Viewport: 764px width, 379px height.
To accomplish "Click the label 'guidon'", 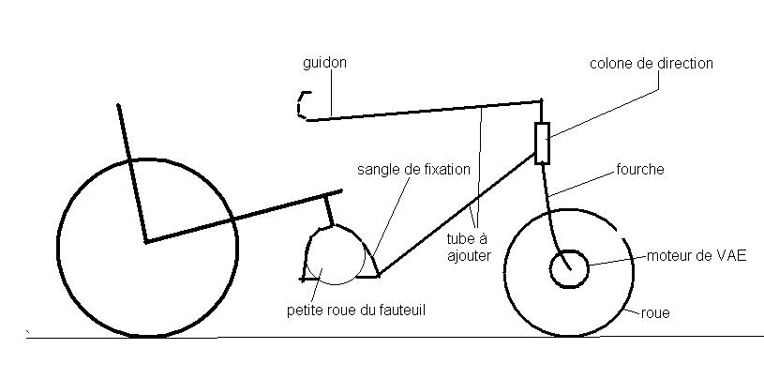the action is [324, 63].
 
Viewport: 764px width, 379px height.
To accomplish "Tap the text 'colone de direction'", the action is [652, 64].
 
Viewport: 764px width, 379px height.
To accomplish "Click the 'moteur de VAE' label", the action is [697, 255].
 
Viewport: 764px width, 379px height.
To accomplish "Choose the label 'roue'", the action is [655, 313].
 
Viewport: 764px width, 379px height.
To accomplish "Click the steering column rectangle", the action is [542, 143].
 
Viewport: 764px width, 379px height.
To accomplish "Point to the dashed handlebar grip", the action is [301, 105].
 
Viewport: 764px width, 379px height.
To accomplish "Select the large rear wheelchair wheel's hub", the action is [145, 242].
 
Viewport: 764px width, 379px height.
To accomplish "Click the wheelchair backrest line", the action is [130, 169].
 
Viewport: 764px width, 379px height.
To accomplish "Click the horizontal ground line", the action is [394, 336].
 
